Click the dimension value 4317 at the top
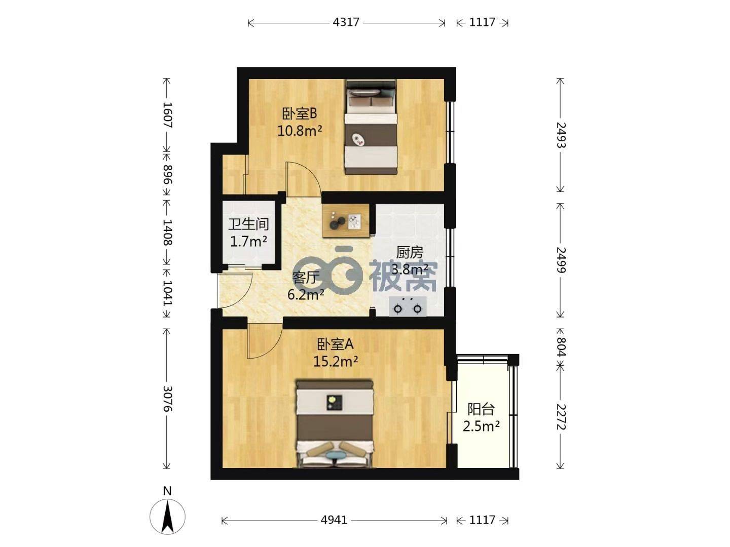click(x=346, y=22)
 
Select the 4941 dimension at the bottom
click(x=334, y=520)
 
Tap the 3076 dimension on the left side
click(x=167, y=399)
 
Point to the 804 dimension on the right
click(x=561, y=346)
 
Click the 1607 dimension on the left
click(x=167, y=115)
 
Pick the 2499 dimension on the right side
click(x=561, y=260)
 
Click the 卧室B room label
click(x=299, y=114)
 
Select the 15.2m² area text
click(x=335, y=361)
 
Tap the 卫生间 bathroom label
click(x=248, y=224)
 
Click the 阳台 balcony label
click(x=481, y=410)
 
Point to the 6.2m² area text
click(x=306, y=294)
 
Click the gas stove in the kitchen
click(x=408, y=306)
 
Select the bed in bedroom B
click(x=371, y=127)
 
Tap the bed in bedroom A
click(x=335, y=423)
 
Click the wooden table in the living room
click(x=346, y=221)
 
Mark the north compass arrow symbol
click(x=167, y=517)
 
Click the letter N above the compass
click(x=167, y=491)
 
